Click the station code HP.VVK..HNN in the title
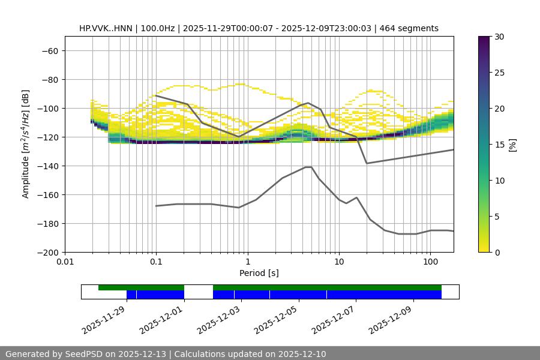pyautogui.click(x=106, y=28)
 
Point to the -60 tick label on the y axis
pyautogui.click(x=50, y=50)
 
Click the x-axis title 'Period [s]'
pyautogui.click(x=259, y=273)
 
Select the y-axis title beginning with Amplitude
pyautogui.click(x=26, y=144)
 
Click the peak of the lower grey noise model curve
pyautogui.click(x=308, y=167)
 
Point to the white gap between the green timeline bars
pyautogui.click(x=198, y=287)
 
